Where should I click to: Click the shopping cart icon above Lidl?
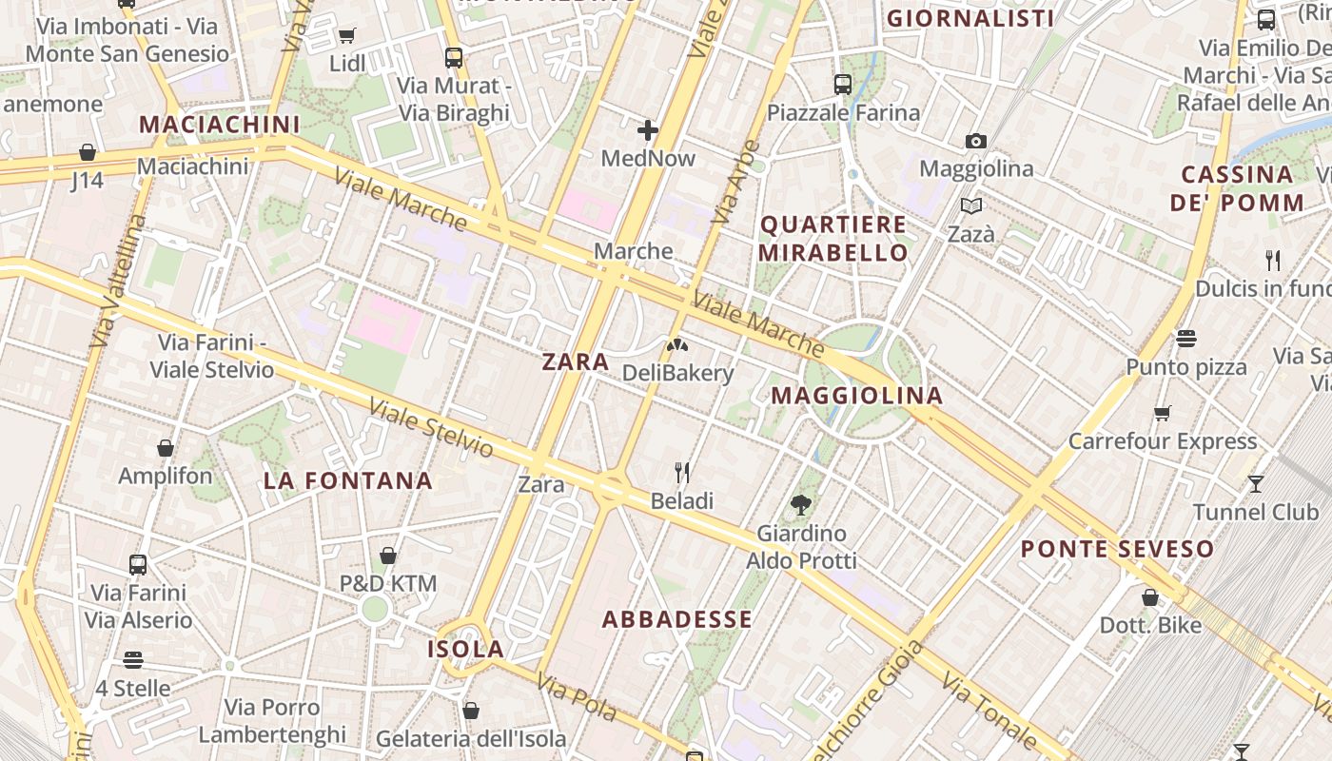(x=346, y=36)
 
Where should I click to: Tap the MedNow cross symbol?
(x=648, y=129)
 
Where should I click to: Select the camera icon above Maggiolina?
(x=975, y=142)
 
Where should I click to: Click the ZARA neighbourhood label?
(x=575, y=361)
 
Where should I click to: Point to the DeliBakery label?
(x=677, y=373)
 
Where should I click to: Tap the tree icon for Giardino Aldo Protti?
(x=801, y=505)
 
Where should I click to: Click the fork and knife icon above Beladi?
(x=681, y=472)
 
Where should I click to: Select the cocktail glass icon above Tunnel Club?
(x=1255, y=483)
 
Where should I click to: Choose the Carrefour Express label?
(x=1162, y=441)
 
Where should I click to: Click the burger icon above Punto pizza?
(x=1185, y=339)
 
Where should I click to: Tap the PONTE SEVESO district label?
(x=1117, y=549)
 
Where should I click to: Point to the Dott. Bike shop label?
(x=1149, y=625)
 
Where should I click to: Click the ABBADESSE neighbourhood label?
(x=676, y=619)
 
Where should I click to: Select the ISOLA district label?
(x=465, y=649)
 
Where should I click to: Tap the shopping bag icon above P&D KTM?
(x=388, y=556)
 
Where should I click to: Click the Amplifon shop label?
(x=166, y=476)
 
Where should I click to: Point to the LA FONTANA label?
(x=347, y=480)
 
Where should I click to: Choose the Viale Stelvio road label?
(x=431, y=428)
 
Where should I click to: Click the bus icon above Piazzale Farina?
(x=843, y=85)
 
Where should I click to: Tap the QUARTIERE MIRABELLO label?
(x=833, y=239)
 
